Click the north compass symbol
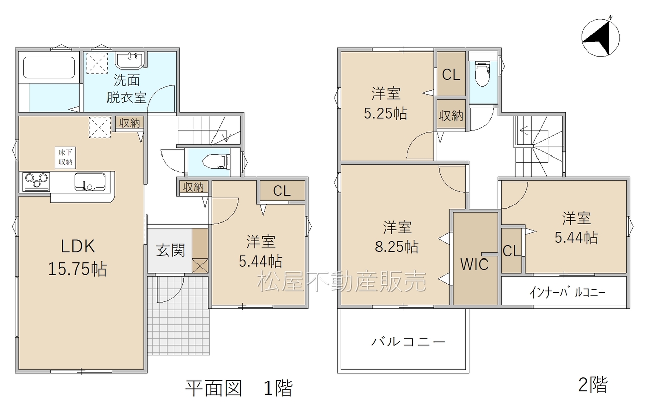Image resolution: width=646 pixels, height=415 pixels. pos(601,38)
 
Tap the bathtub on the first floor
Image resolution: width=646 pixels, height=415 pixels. pos(49,67)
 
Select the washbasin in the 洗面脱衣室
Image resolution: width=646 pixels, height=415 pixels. pos(129,60)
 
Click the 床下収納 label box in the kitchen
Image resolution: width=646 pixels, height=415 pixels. pos(66,158)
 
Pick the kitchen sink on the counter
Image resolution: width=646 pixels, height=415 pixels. pos(90,182)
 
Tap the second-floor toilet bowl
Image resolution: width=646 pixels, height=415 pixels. pos(483,73)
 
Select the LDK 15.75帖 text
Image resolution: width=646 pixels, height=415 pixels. pos(78,257)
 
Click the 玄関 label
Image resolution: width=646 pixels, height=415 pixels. pos(171,250)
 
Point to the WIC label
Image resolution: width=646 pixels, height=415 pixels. pos(474,264)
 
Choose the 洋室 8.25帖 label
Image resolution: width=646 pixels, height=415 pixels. pos(397,237)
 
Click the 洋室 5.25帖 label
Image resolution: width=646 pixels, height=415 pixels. pos(386,103)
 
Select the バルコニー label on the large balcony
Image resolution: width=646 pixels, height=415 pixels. pos(408,342)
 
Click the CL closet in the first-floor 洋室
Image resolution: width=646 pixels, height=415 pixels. pos(282,190)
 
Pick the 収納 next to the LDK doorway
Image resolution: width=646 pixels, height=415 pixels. pos(130,124)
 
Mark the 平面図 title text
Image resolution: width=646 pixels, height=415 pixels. pos(213,388)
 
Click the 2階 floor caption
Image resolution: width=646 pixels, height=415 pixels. pos(593,384)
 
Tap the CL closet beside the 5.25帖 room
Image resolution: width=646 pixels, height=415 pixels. pos(451,74)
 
